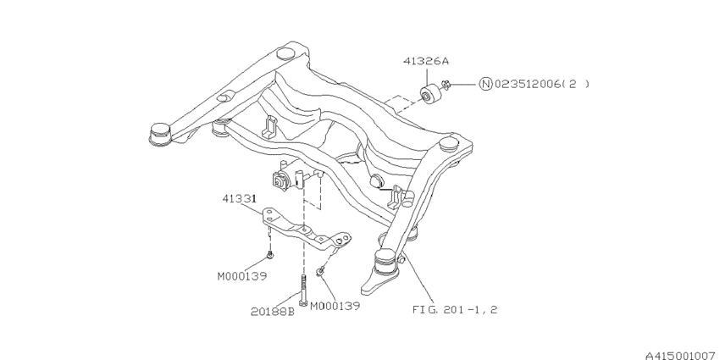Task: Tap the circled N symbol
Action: click(485, 84)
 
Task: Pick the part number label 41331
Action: click(240, 200)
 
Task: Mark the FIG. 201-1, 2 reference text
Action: click(455, 309)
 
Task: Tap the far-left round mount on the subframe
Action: click(158, 134)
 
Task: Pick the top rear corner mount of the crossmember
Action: click(287, 53)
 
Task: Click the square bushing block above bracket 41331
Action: click(282, 179)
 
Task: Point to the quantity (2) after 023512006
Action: click(576, 84)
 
